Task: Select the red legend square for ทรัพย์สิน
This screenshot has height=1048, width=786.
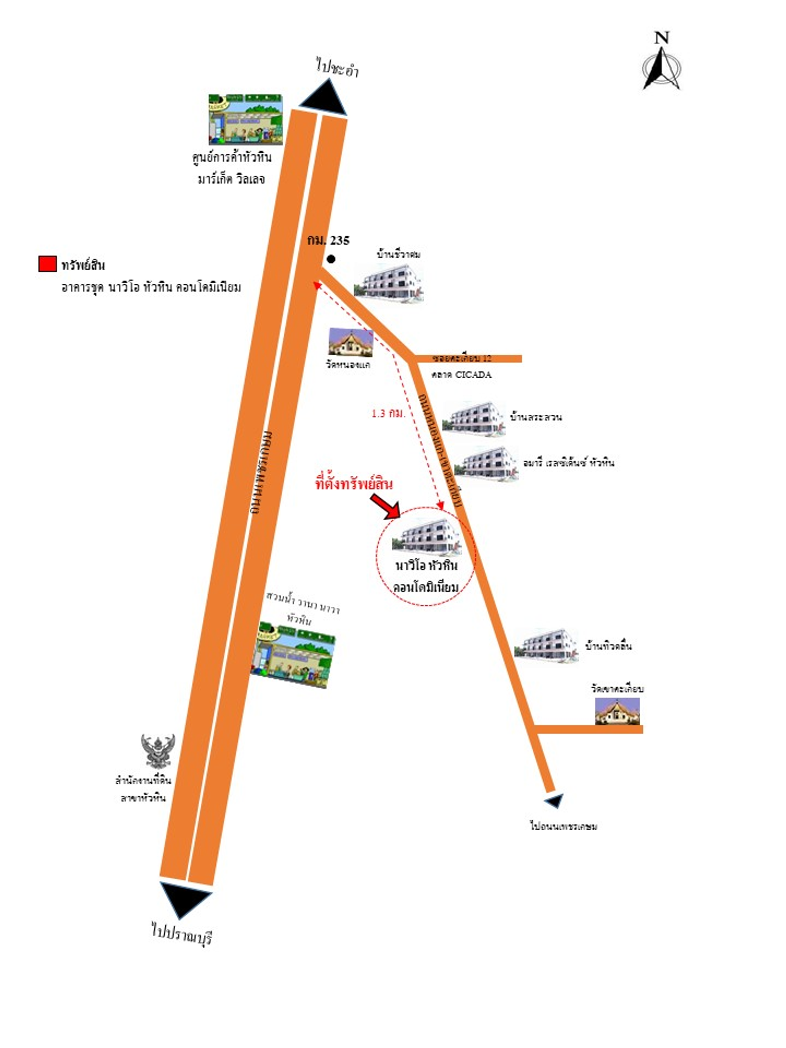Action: tap(47, 264)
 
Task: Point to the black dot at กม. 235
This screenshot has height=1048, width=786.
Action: tap(331, 259)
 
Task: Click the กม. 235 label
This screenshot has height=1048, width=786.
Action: tap(328, 241)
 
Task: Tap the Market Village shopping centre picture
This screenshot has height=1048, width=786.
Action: tap(245, 120)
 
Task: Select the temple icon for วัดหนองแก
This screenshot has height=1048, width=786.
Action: tap(350, 343)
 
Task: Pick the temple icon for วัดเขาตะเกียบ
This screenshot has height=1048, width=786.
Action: tap(617, 711)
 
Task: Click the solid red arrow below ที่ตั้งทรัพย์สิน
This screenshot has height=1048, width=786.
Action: tap(385, 506)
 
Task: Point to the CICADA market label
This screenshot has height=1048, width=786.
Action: tap(461, 375)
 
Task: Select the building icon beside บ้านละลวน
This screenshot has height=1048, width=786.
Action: tap(473, 418)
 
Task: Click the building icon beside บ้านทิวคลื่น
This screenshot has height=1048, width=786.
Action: tap(546, 645)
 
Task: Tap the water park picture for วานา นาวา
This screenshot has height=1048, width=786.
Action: tap(292, 656)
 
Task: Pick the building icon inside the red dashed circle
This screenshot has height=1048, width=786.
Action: tap(426, 537)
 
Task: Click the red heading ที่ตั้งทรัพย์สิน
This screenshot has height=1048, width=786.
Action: tap(354, 484)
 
